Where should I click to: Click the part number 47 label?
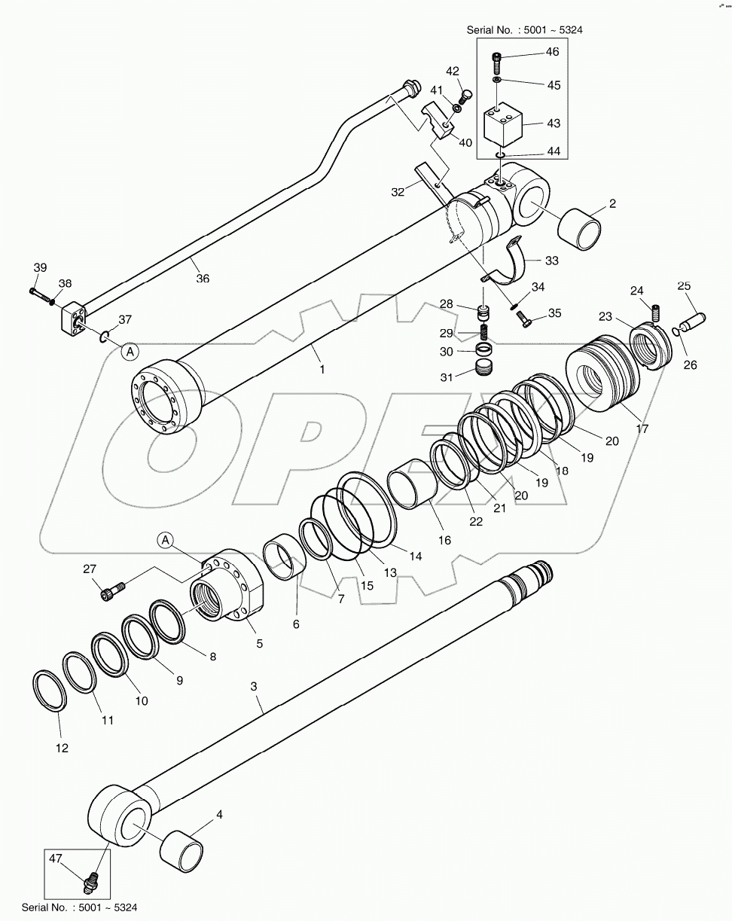click(x=56, y=858)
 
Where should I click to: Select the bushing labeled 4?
click(x=183, y=851)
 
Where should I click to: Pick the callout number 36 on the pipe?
click(x=202, y=278)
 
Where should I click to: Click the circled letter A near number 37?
click(x=130, y=351)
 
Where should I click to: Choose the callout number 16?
click(x=444, y=540)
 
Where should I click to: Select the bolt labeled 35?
click(x=526, y=319)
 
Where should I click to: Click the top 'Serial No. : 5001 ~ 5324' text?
click(x=524, y=31)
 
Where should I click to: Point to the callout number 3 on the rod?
click(x=254, y=686)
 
